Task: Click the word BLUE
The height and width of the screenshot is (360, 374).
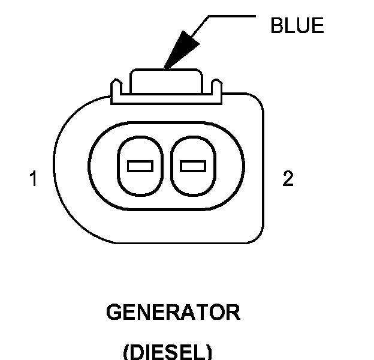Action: tap(297, 26)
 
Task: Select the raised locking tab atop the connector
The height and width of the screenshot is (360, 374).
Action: tap(166, 78)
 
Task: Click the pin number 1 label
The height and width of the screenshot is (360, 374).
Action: tap(34, 179)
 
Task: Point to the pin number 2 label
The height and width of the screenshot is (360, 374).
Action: tap(288, 179)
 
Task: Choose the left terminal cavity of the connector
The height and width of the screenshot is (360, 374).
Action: tap(140, 164)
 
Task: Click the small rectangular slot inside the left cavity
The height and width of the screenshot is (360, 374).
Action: tap(140, 165)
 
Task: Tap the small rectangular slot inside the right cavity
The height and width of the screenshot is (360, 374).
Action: tap(192, 165)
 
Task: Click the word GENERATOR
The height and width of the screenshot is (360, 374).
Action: tap(173, 313)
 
